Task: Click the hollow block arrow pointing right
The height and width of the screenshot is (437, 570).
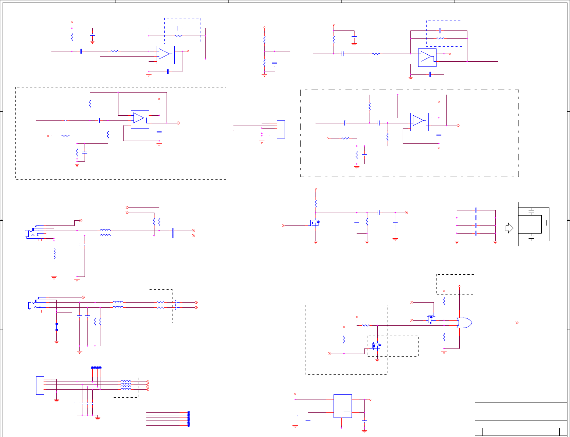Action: pos(509,228)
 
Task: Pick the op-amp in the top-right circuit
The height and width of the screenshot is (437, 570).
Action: pos(427,57)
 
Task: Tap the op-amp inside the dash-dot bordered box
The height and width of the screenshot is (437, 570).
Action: pos(419,122)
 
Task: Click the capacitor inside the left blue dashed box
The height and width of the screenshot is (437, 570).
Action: pos(178,28)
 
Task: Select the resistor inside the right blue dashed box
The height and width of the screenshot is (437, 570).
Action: pos(440,38)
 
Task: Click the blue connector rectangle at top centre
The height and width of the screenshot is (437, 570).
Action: pos(281,129)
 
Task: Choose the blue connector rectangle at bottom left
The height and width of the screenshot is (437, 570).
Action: pos(40,385)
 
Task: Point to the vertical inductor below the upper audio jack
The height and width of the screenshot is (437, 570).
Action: pos(54,254)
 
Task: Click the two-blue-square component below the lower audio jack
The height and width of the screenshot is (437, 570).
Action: pos(56,327)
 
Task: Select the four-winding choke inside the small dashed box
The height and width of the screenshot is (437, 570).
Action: pos(126,385)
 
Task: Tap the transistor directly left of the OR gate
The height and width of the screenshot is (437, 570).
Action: pos(431,319)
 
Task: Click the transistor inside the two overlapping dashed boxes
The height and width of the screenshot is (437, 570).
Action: pos(377,346)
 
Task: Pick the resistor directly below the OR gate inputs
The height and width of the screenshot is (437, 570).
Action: pos(444,337)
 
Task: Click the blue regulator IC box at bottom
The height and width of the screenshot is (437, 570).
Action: pos(342,406)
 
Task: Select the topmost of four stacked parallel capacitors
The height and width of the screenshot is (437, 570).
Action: pos(476,210)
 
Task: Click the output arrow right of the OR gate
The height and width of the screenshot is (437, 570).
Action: pos(517,323)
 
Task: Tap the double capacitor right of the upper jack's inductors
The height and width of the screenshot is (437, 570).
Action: pos(173,233)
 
